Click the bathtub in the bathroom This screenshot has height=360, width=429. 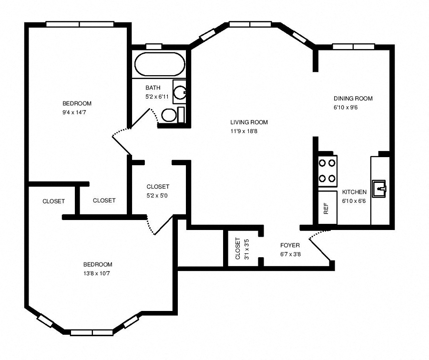tap(159, 65)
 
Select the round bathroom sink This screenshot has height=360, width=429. tap(180, 92)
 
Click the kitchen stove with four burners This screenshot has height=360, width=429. tap(327, 170)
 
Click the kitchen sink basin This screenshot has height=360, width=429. tap(380, 189)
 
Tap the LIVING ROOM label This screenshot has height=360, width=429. tap(249, 122)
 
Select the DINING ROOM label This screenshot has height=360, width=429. tap(353, 99)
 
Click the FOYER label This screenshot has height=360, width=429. tap(290, 245)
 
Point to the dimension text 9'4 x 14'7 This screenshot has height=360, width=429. tap(76, 112)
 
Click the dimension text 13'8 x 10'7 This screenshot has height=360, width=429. tap(97, 273)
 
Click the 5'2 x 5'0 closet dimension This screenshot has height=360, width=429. tap(158, 195)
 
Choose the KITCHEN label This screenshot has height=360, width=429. tap(354, 192)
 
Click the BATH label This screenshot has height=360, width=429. tap(153, 88)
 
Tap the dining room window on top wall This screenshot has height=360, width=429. tap(354, 47)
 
